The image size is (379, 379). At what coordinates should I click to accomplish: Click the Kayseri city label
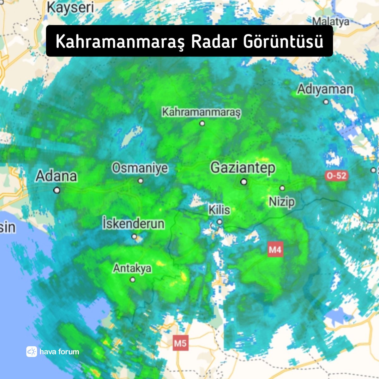coord(70,7)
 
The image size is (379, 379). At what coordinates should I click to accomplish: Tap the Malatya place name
coord(331,21)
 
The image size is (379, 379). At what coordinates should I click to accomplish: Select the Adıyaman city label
coord(325,89)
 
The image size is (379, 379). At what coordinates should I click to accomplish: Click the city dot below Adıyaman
coord(326,102)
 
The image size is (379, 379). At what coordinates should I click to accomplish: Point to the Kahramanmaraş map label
coord(201,112)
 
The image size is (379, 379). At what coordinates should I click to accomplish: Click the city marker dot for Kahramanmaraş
coord(202,123)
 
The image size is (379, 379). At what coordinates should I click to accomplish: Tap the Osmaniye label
coord(140,168)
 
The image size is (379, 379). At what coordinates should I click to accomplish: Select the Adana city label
coord(56,176)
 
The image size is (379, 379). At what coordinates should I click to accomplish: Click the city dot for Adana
coord(57,190)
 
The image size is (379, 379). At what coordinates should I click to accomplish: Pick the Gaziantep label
coord(243,168)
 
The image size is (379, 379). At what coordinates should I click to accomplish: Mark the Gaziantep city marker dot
coord(244,182)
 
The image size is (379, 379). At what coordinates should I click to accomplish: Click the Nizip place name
coord(282,201)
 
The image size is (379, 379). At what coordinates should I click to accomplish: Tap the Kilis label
coord(219,210)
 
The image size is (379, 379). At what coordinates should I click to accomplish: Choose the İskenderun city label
coord(133,224)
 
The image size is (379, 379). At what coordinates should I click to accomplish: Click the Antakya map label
coord(132,268)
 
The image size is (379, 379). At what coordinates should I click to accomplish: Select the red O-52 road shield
coord(337,176)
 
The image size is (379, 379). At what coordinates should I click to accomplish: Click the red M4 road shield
coord(275,250)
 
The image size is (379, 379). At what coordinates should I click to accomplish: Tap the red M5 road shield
coord(180,343)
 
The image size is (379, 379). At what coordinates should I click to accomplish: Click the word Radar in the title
coord(214,41)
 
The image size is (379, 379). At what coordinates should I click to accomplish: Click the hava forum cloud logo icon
coord(32,352)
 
